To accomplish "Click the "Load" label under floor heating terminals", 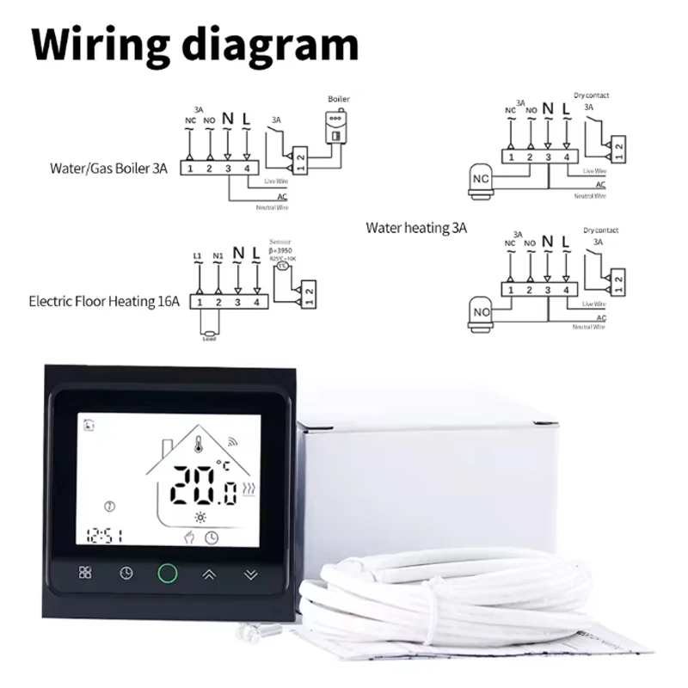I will (210, 338).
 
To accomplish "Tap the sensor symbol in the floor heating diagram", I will (282, 267).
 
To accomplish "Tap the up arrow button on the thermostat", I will (209, 574).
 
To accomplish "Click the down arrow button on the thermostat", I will (250, 574).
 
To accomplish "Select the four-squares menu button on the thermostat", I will (85, 574).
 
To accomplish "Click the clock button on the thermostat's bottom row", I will (126, 574).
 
